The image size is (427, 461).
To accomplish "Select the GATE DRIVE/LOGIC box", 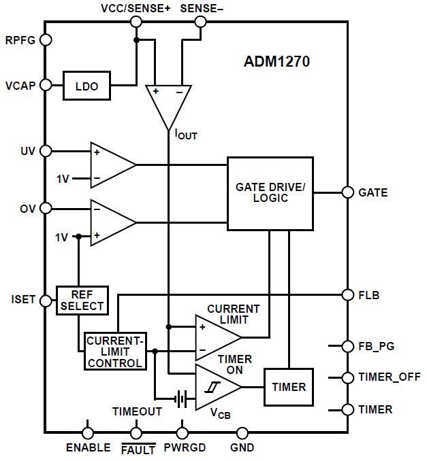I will tap(270, 193).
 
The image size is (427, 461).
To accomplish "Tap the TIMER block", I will tap(289, 387).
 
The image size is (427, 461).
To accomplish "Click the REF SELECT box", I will tap(82, 300).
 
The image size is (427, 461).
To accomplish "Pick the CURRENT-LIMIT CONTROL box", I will tap(115, 351).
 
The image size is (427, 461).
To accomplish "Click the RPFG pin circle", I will tap(46, 39).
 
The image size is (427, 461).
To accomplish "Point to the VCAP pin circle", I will tap(46, 85).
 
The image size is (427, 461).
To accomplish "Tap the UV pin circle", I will tap(46, 150).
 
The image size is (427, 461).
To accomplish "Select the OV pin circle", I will tap(46, 208).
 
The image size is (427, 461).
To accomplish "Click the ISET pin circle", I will tap(46, 300).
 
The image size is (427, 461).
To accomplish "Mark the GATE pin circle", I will tap(347, 192).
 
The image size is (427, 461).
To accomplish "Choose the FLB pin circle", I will tap(347, 295).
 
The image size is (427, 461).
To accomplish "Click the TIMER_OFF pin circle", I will tap(347, 377).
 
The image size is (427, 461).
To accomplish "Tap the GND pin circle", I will tap(242, 432).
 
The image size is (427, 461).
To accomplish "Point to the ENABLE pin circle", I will tap(88, 432).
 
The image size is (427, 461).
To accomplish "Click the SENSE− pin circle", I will tap(200, 22).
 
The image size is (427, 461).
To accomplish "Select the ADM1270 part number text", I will tap(277, 63).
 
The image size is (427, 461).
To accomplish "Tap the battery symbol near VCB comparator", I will tap(180, 399).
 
